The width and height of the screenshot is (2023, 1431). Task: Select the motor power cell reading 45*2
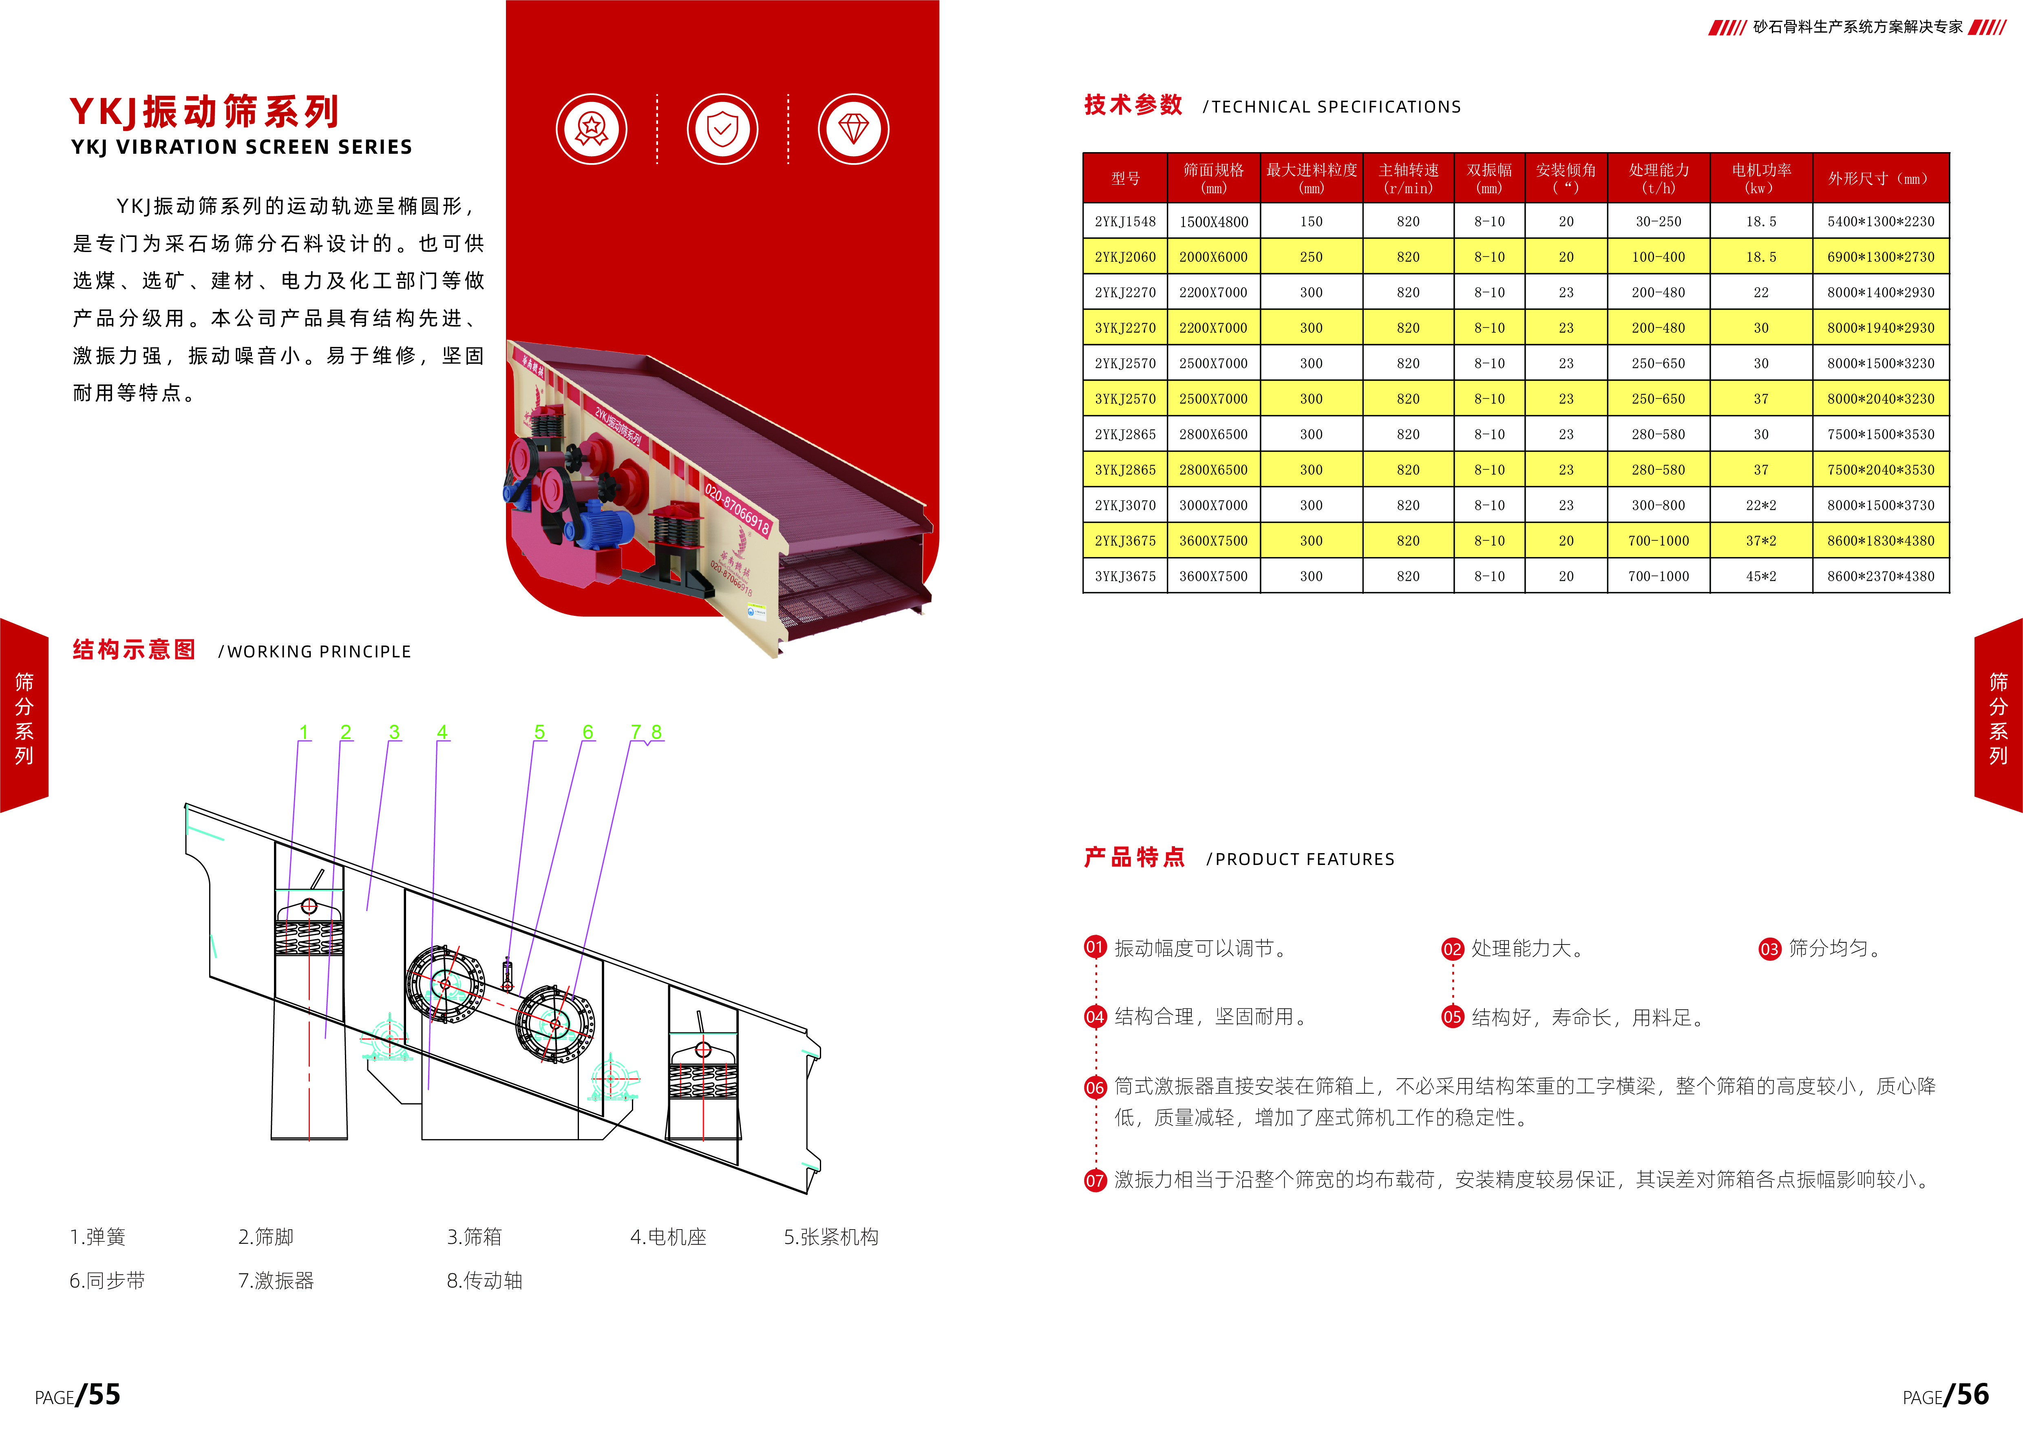point(1760,576)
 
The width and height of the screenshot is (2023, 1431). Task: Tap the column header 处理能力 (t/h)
point(1658,178)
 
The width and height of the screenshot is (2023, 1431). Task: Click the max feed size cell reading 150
point(1311,221)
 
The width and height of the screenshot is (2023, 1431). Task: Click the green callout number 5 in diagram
point(539,732)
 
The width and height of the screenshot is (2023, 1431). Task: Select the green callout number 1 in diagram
point(304,732)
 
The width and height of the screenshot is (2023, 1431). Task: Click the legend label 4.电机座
point(668,1237)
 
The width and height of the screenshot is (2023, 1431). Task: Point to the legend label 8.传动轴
point(485,1281)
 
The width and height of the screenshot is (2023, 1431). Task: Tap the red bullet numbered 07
point(1094,1181)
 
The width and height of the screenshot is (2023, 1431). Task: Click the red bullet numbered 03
point(1769,949)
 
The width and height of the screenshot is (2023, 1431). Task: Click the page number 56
point(1972,1395)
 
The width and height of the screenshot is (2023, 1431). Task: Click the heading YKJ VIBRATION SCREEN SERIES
point(241,147)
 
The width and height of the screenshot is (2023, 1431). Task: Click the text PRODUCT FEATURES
point(1304,859)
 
